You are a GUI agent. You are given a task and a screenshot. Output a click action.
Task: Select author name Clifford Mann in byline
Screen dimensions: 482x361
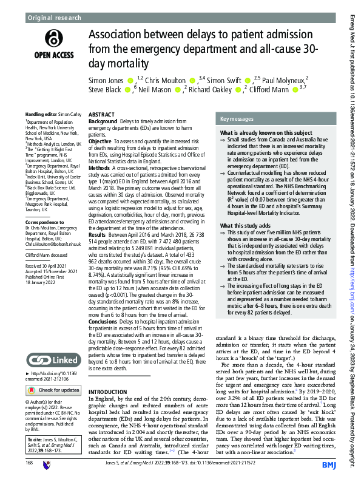(x=270, y=90)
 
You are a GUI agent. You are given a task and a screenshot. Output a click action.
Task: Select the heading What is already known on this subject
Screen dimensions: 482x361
(x=265, y=132)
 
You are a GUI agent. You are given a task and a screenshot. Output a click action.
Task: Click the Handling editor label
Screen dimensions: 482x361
(x=42, y=114)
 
